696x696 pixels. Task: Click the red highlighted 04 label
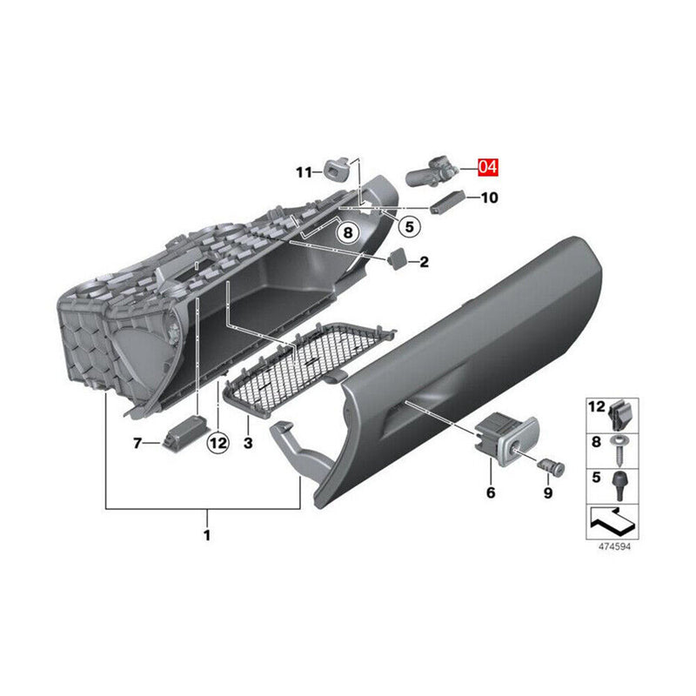point(488,167)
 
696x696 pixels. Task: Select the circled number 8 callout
point(348,232)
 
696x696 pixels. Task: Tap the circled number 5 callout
point(409,226)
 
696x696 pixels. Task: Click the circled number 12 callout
point(218,443)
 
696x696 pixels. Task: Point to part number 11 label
point(304,171)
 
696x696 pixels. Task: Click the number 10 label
point(490,197)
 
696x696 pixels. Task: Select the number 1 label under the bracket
point(207,535)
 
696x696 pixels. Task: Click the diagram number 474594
point(614,546)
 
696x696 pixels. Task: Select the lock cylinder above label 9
point(552,467)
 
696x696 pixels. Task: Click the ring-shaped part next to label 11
point(336,167)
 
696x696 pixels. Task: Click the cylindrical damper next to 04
point(430,171)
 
